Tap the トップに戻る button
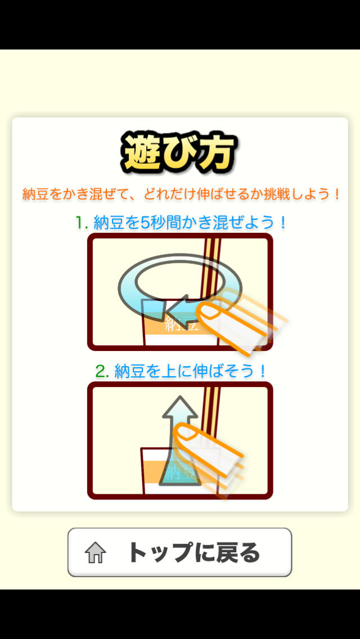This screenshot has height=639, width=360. (179, 552)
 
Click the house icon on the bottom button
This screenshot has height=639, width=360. (96, 552)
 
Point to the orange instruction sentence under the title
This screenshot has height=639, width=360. (181, 195)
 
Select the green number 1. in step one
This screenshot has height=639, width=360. (83, 223)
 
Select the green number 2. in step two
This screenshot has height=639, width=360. (102, 371)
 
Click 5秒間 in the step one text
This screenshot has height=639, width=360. (160, 223)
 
